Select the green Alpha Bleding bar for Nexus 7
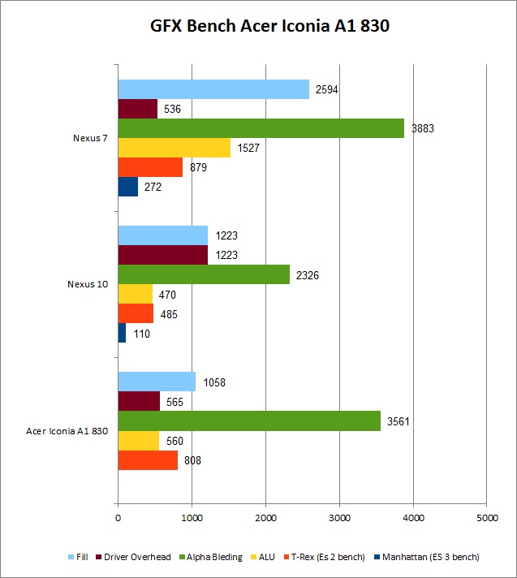point(261,128)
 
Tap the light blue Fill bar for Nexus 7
point(213,89)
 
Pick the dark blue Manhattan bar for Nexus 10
point(122,333)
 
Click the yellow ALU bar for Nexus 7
point(174,148)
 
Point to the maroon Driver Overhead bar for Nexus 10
point(162,255)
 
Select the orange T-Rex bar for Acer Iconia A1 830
point(148,460)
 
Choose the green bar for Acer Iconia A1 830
point(249,421)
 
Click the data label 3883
point(423,128)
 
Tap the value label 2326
point(308,274)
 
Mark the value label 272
point(153,187)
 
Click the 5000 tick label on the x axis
point(487,516)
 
